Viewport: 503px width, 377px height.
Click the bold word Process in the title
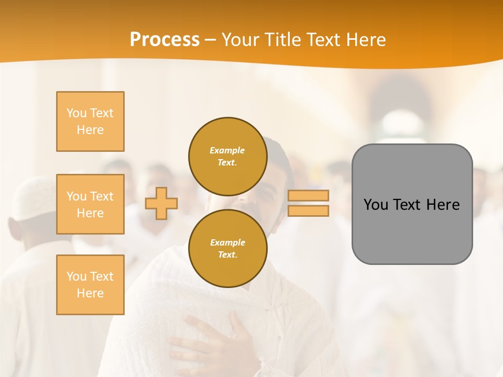(x=165, y=40)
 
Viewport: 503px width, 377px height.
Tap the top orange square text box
(x=90, y=121)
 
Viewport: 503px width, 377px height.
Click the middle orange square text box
(x=90, y=204)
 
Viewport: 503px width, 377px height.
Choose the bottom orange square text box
(x=90, y=285)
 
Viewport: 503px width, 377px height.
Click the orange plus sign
(x=161, y=203)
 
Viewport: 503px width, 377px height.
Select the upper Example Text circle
(x=227, y=156)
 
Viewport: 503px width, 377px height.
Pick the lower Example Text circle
(x=227, y=248)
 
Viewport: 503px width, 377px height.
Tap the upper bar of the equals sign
(x=308, y=196)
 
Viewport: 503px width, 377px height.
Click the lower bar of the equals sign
(x=308, y=211)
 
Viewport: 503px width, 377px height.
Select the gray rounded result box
(x=412, y=230)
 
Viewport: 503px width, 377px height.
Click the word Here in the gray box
(x=443, y=205)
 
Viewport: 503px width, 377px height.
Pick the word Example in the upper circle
(x=227, y=150)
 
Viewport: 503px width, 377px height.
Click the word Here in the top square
(x=90, y=130)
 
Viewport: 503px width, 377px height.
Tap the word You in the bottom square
(x=76, y=276)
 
